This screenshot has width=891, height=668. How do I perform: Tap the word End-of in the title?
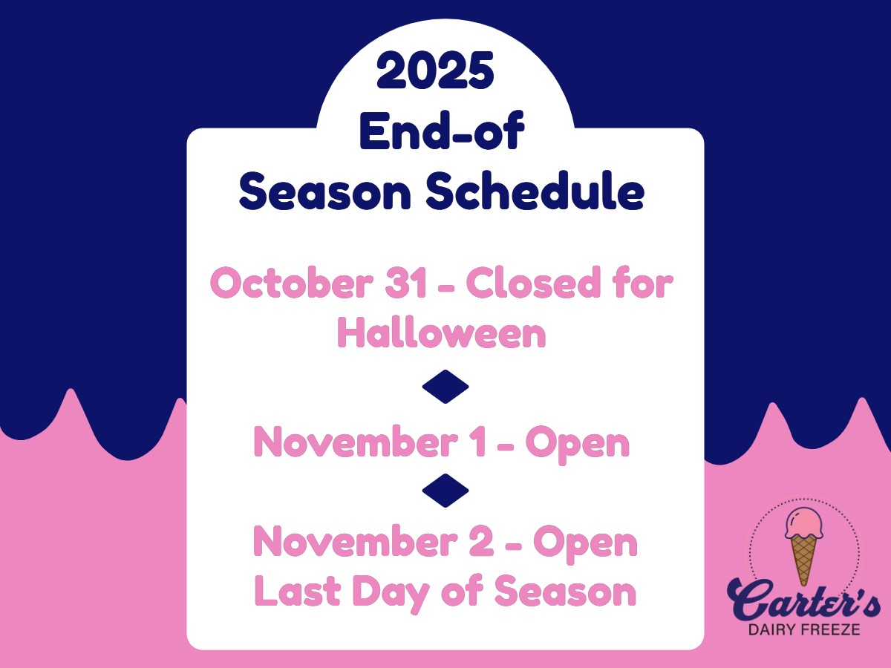pyautogui.click(x=442, y=130)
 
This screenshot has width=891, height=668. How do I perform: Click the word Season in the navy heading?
pyautogui.click(x=325, y=190)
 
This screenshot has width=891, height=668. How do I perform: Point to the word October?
pyautogui.click(x=292, y=282)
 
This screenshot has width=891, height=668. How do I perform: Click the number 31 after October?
pyautogui.click(x=405, y=283)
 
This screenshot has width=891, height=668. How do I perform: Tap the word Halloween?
pyautogui.click(x=442, y=333)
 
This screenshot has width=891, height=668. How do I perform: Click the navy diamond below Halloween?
pyautogui.click(x=446, y=387)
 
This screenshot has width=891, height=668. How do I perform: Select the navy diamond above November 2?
pyautogui.click(x=446, y=491)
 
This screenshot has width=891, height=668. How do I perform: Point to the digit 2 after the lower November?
pyautogui.click(x=481, y=542)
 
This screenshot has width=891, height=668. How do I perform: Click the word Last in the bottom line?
pyautogui.click(x=298, y=590)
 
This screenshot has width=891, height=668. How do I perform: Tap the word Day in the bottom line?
pyautogui.click(x=391, y=593)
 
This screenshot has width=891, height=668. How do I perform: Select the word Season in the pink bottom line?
pyautogui.click(x=565, y=591)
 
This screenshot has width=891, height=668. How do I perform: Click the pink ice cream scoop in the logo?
pyautogui.click(x=804, y=523)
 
